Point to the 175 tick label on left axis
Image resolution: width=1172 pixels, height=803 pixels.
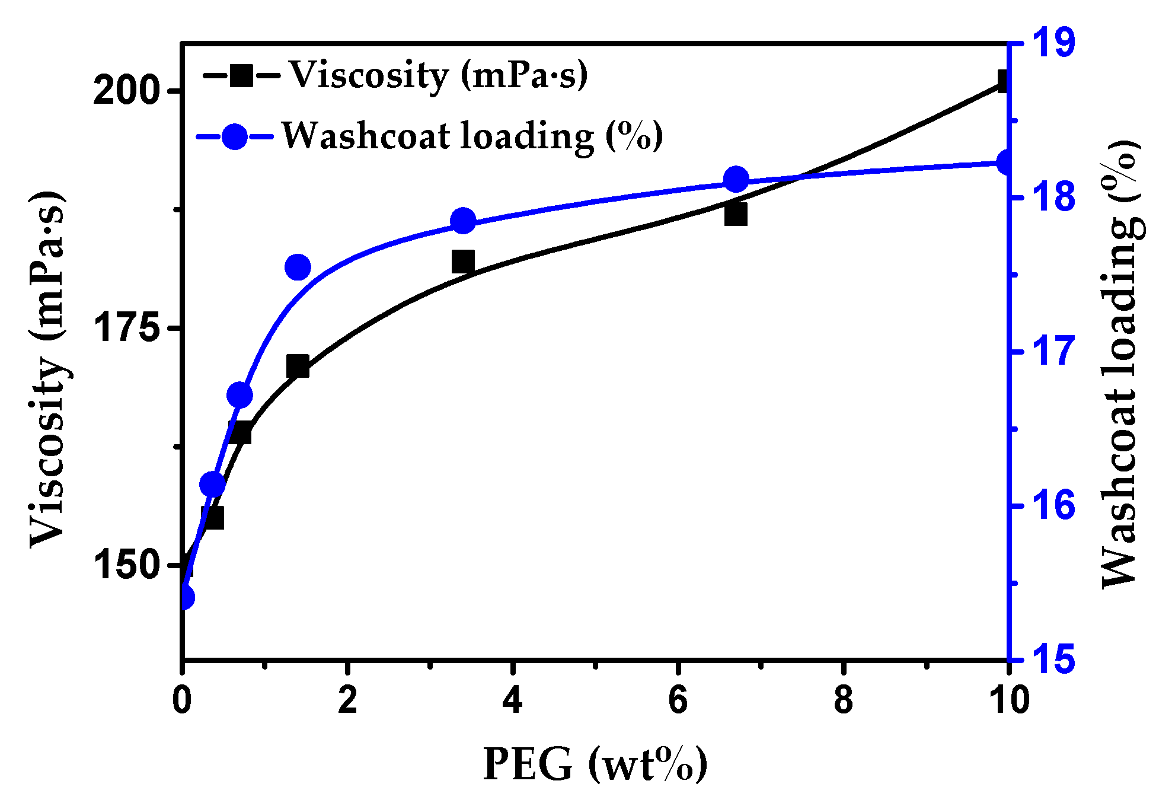128,328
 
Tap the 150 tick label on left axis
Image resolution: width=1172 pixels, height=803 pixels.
128,565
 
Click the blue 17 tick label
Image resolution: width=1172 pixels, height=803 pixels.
1053,351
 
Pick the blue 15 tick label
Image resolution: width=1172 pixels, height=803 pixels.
1053,659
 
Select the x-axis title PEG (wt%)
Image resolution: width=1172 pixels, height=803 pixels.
595,765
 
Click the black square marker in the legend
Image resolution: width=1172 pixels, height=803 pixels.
241,75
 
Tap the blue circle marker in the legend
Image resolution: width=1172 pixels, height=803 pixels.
235,137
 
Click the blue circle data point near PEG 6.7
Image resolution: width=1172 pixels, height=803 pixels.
736,180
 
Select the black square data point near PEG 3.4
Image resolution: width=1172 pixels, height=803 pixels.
463,262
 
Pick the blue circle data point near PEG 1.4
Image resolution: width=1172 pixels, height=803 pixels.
298,267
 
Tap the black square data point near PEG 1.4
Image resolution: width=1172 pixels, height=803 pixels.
298,367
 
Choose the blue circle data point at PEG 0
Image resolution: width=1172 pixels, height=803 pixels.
185,597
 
